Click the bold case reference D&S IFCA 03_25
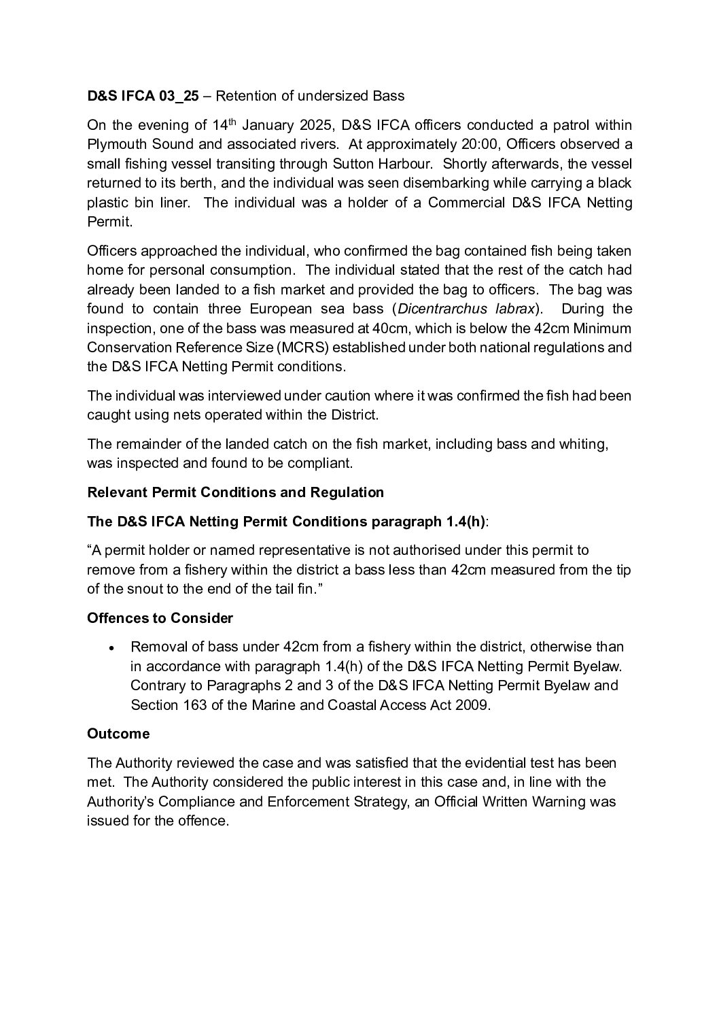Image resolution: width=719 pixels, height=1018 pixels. (x=143, y=96)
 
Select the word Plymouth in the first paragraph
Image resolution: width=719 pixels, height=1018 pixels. (x=113, y=144)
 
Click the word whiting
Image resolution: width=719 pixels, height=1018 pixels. (x=584, y=444)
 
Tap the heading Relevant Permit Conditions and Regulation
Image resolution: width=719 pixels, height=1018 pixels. (x=235, y=492)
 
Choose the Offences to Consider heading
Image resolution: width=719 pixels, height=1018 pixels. (x=160, y=617)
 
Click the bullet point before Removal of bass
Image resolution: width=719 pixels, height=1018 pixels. (x=112, y=647)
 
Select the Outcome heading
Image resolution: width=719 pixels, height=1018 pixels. (x=118, y=734)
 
